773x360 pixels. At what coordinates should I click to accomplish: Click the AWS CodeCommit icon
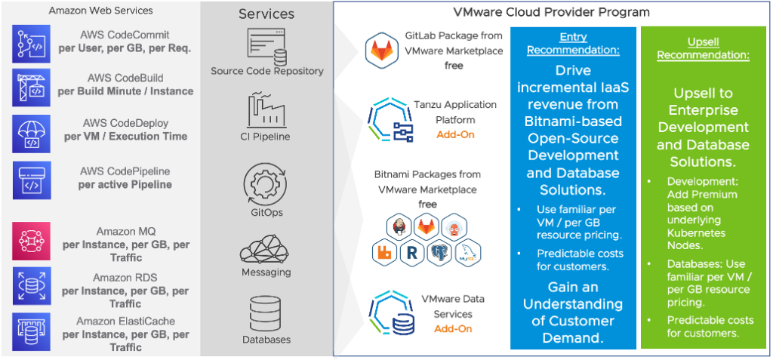click(31, 42)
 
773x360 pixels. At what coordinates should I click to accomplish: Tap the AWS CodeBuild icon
click(31, 87)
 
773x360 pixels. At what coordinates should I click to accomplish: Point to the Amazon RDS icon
click(31, 286)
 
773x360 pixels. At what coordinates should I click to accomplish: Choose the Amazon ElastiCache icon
click(31, 331)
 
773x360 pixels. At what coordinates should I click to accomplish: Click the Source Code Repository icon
click(266, 47)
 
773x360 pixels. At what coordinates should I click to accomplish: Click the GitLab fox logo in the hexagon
click(382, 51)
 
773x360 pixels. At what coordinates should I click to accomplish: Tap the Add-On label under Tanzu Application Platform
click(454, 134)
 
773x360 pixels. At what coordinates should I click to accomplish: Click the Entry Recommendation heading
click(573, 44)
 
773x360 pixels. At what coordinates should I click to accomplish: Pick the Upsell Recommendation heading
click(703, 49)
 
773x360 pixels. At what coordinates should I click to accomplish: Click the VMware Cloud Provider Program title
click(551, 12)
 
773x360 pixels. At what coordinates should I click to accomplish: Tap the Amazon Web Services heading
click(100, 11)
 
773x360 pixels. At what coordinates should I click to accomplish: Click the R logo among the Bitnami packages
click(411, 254)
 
